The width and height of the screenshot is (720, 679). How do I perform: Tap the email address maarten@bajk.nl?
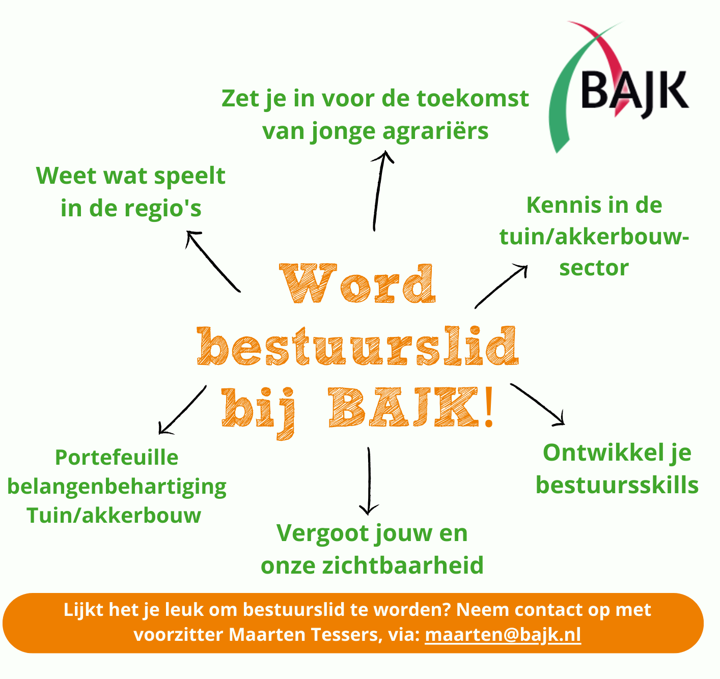(x=503, y=635)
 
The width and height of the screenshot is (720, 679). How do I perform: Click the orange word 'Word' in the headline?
(x=358, y=284)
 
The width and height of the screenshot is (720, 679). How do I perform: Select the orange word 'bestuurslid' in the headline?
(x=358, y=346)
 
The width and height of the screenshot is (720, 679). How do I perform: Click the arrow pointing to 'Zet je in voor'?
(x=379, y=191)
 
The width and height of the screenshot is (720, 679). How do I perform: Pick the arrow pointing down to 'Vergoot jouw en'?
(x=369, y=481)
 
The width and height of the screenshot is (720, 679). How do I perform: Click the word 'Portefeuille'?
(x=117, y=457)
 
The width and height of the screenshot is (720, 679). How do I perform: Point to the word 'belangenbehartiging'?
(x=117, y=486)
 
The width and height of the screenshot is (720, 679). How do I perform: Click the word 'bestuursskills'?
(x=617, y=485)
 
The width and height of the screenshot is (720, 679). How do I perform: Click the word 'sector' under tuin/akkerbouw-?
(x=594, y=268)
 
